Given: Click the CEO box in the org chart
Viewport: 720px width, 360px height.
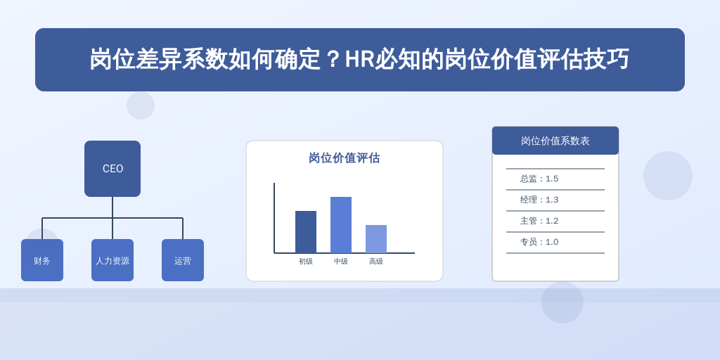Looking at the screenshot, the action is [112, 169].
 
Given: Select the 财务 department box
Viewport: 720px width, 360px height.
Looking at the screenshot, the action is [42, 260].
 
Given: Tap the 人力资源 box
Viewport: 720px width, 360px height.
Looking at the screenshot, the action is [112, 260].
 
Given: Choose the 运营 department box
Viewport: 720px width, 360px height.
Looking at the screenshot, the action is [183, 260].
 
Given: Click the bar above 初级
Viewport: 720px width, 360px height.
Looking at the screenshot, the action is [306, 232].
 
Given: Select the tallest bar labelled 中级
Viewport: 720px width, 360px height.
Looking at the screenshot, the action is [341, 225].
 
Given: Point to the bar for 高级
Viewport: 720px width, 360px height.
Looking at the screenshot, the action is [376, 239].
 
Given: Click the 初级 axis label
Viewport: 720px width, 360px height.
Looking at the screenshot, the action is [306, 262].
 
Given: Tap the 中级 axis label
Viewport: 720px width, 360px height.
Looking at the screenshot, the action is [341, 262].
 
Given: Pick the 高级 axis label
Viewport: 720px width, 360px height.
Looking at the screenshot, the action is [376, 262].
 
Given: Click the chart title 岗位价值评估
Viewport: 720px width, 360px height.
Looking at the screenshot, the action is [345, 158].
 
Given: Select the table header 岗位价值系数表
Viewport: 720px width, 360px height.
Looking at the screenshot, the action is [555, 141].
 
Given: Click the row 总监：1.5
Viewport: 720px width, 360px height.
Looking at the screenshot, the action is [539, 179].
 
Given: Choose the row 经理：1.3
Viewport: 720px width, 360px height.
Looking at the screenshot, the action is [539, 200].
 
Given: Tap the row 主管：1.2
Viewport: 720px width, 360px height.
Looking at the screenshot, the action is [539, 221].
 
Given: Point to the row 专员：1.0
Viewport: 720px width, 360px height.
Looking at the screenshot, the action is [539, 242].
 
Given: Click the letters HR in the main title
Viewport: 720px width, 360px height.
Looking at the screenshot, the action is [359, 59].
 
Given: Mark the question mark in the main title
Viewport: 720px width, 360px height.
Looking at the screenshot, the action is [333, 59].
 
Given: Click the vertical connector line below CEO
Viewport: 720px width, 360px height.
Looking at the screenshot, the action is [112, 218].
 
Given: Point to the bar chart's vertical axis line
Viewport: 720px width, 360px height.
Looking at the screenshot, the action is [274, 218].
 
